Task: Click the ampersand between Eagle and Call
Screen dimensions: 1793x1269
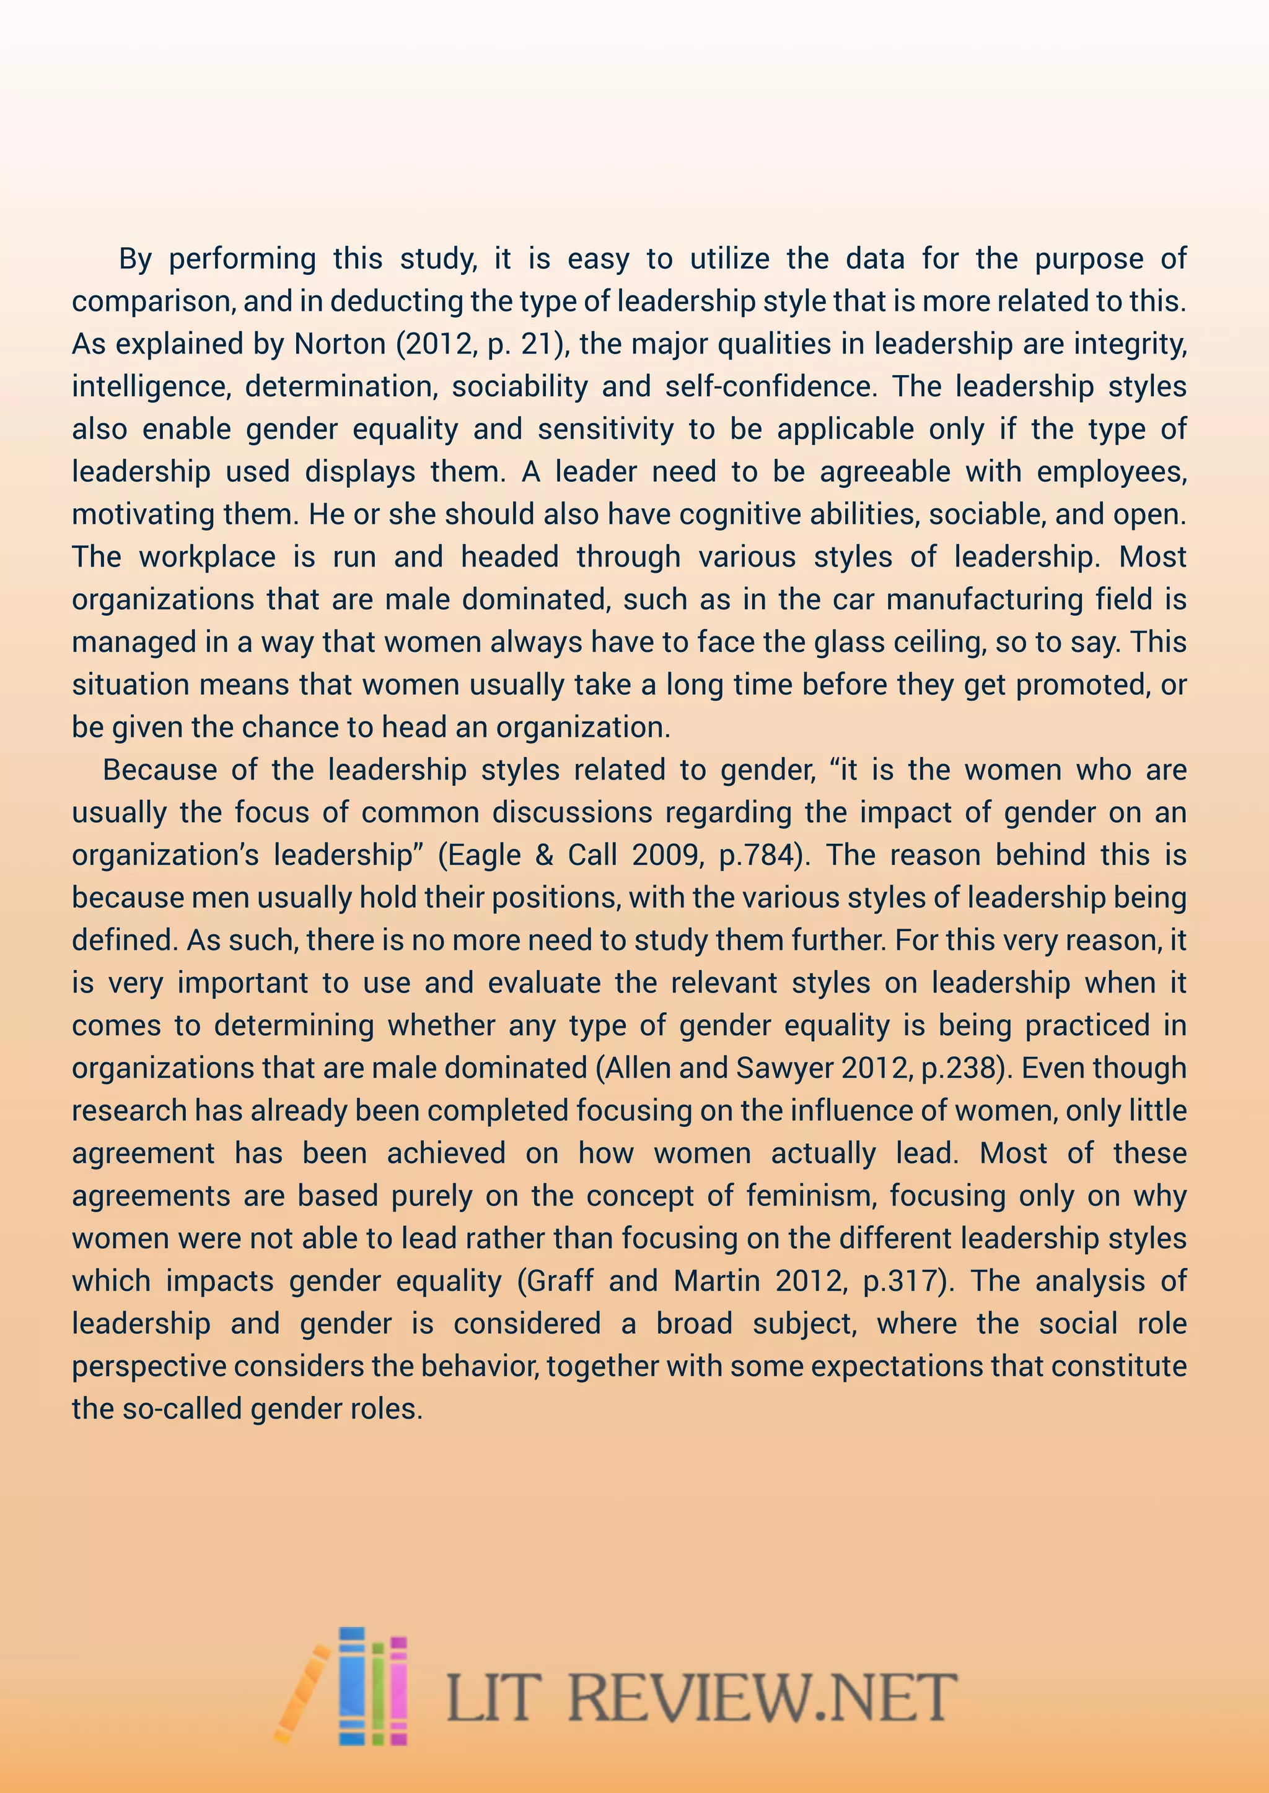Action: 545,855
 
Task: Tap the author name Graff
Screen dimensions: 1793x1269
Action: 560,1281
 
